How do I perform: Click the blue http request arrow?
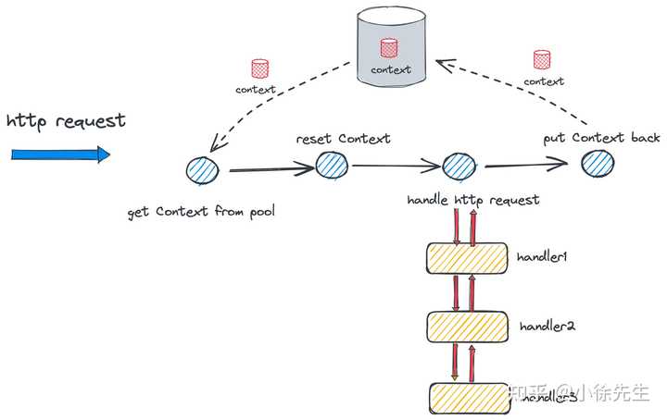point(60,154)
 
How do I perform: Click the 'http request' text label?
point(66,122)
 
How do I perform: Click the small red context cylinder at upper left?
point(260,69)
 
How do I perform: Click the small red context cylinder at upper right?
point(542,60)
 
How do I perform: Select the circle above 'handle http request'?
point(459,167)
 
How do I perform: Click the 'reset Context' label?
point(343,139)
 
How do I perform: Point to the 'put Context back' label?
point(602,138)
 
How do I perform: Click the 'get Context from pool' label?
point(201,212)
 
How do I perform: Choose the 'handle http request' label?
point(472,200)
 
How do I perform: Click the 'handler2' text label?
point(547,327)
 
